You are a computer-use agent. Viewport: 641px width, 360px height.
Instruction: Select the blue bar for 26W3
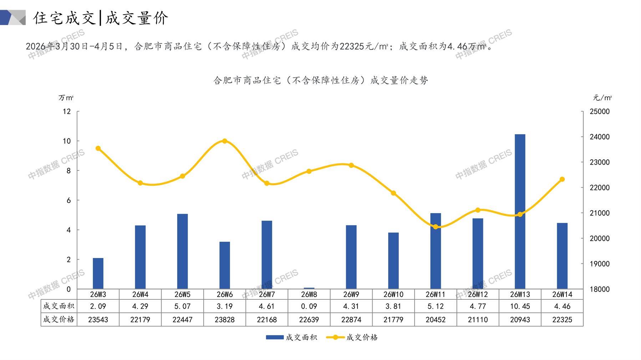[98, 273]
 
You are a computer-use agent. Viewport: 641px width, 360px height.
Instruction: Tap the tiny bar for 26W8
[309, 288]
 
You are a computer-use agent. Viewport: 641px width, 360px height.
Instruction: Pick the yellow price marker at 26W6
[225, 141]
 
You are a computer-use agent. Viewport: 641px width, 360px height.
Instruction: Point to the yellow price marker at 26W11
[436, 227]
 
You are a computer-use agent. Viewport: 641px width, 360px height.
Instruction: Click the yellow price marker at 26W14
[562, 179]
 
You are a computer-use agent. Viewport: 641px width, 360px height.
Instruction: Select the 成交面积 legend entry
[291, 337]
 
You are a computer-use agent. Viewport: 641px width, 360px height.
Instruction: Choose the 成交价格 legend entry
[352, 337]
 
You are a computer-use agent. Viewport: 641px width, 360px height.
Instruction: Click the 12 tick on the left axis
[67, 112]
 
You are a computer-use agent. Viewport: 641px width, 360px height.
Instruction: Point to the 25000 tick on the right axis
[600, 112]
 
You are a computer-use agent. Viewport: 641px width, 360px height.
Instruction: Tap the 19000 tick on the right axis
[600, 264]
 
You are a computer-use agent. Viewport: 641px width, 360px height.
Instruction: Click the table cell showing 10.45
[520, 306]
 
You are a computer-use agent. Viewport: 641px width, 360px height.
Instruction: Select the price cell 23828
[225, 320]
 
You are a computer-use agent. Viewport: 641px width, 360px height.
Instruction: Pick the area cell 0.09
[309, 306]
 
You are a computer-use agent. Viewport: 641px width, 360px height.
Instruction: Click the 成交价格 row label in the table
[59, 319]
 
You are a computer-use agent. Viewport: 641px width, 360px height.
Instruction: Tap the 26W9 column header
[351, 294]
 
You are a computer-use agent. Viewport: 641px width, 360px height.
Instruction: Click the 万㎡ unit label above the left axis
[66, 98]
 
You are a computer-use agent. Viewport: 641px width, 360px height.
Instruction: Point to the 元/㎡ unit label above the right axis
[602, 98]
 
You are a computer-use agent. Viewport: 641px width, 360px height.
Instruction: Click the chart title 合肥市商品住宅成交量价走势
[320, 81]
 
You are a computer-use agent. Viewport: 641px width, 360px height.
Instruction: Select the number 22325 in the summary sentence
[351, 46]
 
